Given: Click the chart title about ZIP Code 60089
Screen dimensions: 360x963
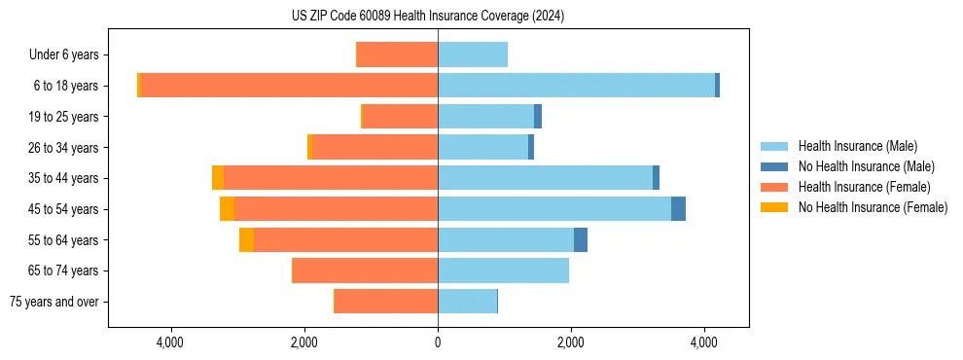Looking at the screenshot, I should pos(428,17).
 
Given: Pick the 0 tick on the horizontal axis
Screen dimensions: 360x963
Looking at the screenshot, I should pos(438,342).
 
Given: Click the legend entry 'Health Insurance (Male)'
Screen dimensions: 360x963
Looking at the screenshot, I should pos(857,146).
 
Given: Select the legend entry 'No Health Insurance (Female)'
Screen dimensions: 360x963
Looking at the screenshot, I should pos(873,207).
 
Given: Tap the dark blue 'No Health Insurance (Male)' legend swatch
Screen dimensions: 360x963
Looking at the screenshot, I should pos(774,166).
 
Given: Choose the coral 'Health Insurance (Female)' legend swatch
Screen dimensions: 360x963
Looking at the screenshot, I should pos(774,187).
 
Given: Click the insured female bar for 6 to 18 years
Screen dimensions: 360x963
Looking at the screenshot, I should pos(289,86).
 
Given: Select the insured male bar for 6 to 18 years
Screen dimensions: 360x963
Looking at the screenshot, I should pos(576,86).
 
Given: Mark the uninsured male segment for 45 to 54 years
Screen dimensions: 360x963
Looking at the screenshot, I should pos(678,209).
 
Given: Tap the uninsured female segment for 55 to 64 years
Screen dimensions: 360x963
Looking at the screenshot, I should pos(246,240).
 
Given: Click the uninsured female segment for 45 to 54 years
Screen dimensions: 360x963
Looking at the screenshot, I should pos(227,209).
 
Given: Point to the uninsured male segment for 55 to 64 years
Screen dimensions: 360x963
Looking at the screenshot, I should pos(581,240).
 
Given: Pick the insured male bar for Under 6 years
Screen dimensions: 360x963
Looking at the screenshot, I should pos(473,55).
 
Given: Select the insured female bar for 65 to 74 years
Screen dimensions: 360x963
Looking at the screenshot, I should pos(365,270).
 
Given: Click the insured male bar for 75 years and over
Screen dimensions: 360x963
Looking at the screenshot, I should pos(467,302).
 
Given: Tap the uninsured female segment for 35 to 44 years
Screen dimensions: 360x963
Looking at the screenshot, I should pos(218,178).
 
